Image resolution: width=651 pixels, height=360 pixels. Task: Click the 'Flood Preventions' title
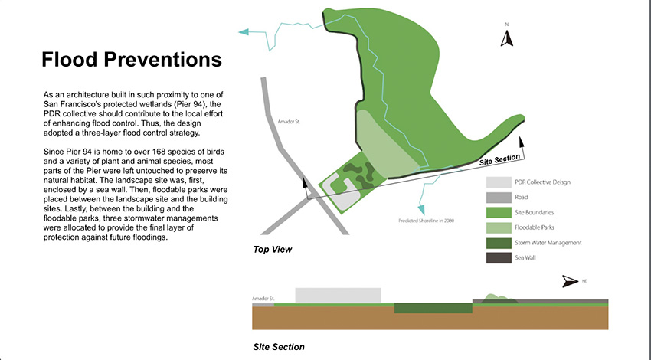pyautogui.click(x=132, y=60)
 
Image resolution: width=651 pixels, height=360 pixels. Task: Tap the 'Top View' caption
pyautogui.click(x=273, y=250)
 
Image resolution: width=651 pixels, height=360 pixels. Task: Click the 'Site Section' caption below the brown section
pyautogui.click(x=279, y=347)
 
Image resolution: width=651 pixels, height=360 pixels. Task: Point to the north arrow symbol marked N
pyautogui.click(x=506, y=38)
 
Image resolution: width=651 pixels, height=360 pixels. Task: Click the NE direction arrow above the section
pyautogui.click(x=570, y=281)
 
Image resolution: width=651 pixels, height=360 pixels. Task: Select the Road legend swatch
pyautogui.click(x=499, y=197)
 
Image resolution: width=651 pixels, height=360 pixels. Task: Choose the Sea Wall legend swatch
pyautogui.click(x=499, y=258)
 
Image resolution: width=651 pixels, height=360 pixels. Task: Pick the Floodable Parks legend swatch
pyautogui.click(x=499, y=227)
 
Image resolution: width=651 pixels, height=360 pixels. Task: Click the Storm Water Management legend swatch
pyautogui.click(x=499, y=243)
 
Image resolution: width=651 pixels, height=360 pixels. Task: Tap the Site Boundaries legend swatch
pyautogui.click(x=499, y=212)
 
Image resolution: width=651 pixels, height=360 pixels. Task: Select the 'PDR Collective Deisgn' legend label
pyautogui.click(x=542, y=182)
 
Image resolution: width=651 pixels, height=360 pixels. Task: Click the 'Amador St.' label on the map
pyautogui.click(x=289, y=122)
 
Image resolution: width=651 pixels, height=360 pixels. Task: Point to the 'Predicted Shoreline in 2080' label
pyautogui.click(x=426, y=221)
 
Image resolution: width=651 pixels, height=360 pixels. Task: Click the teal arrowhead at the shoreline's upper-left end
pyautogui.click(x=244, y=31)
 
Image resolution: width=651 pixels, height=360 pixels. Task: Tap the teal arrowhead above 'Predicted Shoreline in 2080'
pyautogui.click(x=421, y=210)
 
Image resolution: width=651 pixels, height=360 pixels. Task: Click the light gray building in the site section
pyautogui.click(x=338, y=296)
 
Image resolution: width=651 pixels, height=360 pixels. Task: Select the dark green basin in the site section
pyautogui.click(x=433, y=308)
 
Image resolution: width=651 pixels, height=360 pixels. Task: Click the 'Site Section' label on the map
pyautogui.click(x=499, y=160)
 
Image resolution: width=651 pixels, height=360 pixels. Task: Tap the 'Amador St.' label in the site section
pyautogui.click(x=263, y=299)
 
